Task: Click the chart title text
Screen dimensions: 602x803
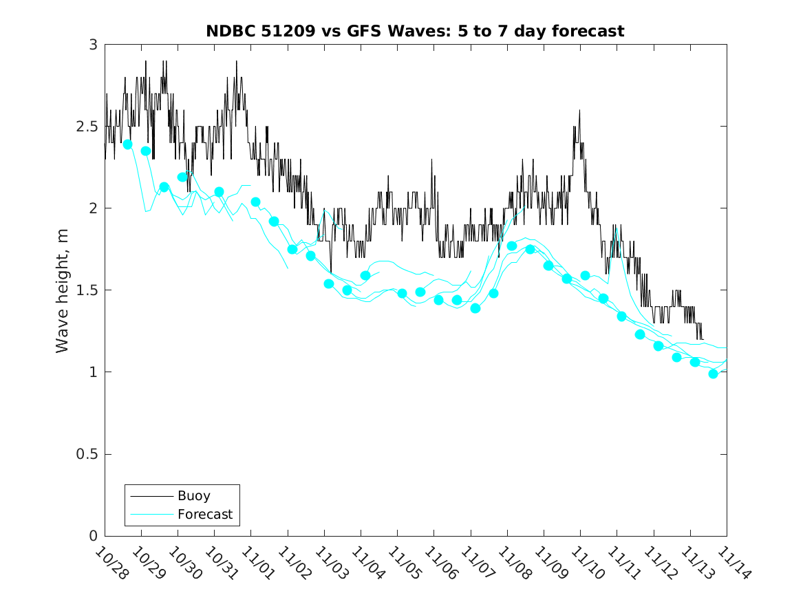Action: pyautogui.click(x=415, y=31)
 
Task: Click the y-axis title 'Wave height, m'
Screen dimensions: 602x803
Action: pyautogui.click(x=63, y=290)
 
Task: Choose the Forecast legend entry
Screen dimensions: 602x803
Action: pyautogui.click(x=205, y=514)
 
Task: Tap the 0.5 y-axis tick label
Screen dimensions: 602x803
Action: pyautogui.click(x=89, y=455)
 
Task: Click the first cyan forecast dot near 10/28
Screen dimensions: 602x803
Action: pyautogui.click(x=127, y=144)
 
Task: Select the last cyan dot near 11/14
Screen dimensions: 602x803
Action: pyautogui.click(x=713, y=374)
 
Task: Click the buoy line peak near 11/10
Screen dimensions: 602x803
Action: pyautogui.click(x=579, y=110)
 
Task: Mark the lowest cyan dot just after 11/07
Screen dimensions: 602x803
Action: pyautogui.click(x=475, y=308)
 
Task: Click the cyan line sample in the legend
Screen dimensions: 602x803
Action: pyautogui.click(x=151, y=514)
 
